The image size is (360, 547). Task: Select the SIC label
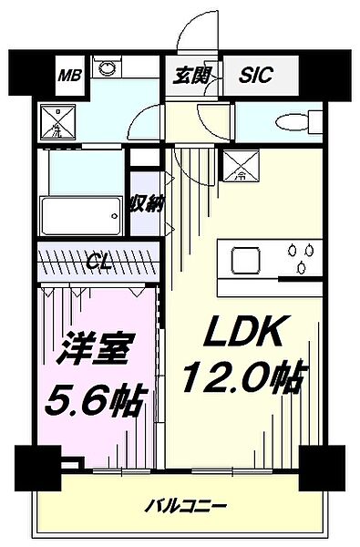click(x=256, y=77)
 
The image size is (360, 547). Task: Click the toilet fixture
click(x=297, y=121)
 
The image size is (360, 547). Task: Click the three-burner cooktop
click(x=297, y=256)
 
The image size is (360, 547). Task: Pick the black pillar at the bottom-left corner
click(x=35, y=469)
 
